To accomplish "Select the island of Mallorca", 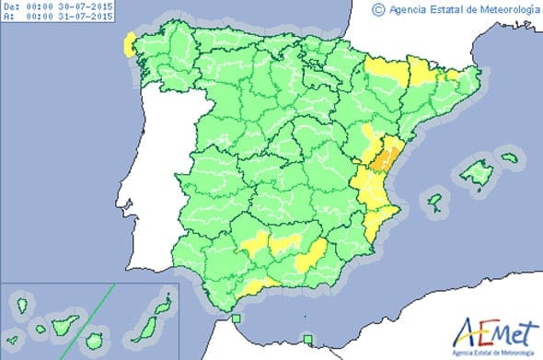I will pyautogui.click(x=478, y=171).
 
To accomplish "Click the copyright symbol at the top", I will pyautogui.click(x=377, y=9).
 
